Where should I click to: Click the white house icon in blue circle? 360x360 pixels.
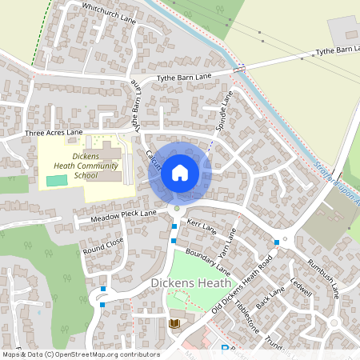(180, 173)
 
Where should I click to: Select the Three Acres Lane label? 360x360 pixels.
(54, 132)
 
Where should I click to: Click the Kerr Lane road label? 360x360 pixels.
(202, 228)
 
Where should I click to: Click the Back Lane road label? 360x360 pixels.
(270, 305)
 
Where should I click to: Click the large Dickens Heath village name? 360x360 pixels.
(190, 284)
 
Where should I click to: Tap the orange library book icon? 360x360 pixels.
(174, 323)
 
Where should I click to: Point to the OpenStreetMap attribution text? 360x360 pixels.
(82, 354)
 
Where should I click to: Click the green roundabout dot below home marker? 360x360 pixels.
(177, 209)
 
